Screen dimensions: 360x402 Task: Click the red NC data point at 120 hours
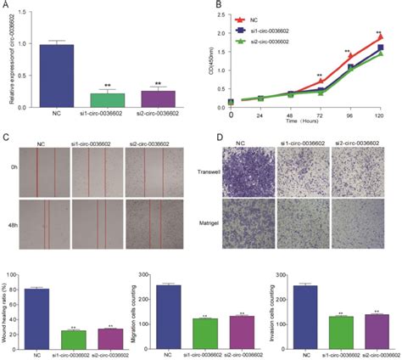tap(379, 37)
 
